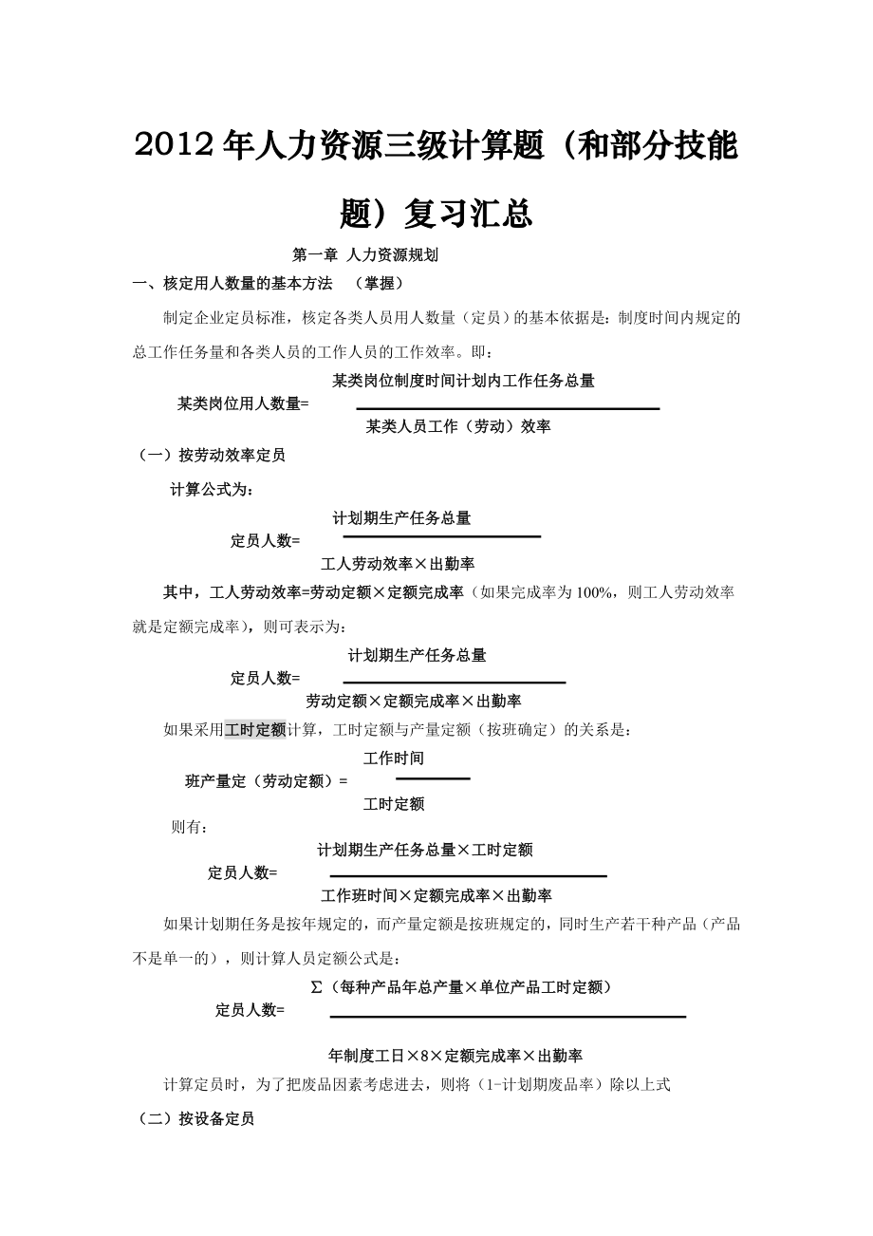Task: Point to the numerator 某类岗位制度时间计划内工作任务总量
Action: point(463,381)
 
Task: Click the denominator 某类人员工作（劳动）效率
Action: point(458,426)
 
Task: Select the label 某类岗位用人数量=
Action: point(244,403)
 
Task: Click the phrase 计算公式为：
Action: point(212,490)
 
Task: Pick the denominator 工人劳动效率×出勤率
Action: point(398,564)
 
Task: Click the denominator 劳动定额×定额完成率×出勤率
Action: point(413,702)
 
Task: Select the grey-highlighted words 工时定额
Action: point(255,730)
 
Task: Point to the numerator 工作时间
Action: point(394,758)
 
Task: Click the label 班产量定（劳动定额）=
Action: point(267,781)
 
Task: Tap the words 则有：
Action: point(190,827)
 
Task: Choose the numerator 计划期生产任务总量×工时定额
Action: point(425,851)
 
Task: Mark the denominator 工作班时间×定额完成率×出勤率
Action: point(436,895)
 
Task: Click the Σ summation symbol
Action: point(317,987)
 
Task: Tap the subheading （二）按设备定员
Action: point(196,1119)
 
